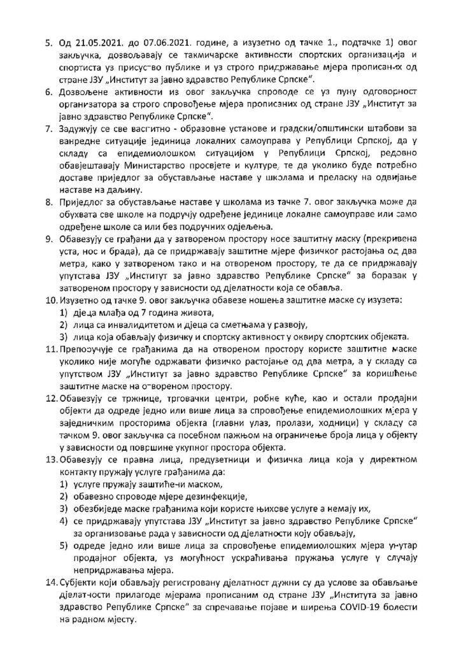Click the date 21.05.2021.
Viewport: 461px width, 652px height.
[92, 45]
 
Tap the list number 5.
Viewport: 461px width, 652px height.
[46, 45]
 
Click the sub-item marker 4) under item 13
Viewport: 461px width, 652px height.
[63, 521]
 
